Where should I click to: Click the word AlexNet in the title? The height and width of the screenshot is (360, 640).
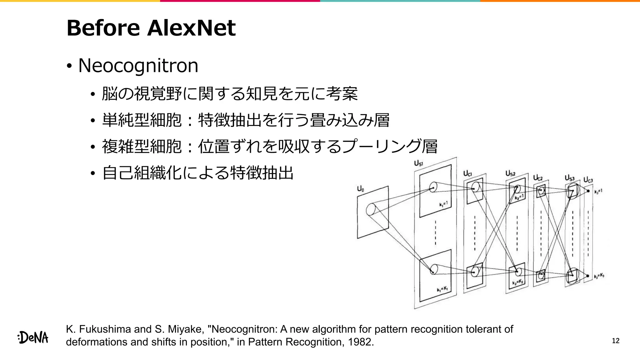coord(191,28)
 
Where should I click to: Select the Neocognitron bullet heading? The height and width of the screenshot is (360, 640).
coord(138,66)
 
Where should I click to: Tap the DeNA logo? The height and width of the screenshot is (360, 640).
coord(33,338)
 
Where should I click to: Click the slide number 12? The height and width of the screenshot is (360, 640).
coord(615,341)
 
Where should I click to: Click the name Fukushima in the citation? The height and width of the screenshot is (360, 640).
coord(105,329)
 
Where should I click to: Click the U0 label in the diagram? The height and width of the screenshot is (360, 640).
coord(360,189)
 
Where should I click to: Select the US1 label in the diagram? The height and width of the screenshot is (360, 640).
coord(418,163)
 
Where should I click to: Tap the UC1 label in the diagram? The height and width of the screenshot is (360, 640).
coord(467,173)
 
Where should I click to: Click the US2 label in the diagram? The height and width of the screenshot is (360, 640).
coord(510,173)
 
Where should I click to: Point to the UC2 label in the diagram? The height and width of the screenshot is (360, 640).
coord(538,178)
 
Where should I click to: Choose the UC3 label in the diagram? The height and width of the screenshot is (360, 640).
coord(588,180)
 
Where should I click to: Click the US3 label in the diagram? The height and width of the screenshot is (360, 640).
coord(569,178)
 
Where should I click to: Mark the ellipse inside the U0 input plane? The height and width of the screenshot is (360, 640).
coord(371,209)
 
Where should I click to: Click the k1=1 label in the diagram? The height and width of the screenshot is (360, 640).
coord(443,204)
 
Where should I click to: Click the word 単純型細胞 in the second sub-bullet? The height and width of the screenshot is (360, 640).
coord(142,120)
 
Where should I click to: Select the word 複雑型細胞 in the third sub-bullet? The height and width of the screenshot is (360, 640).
coord(142,146)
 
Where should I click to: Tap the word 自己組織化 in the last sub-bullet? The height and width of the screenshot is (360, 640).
coord(142,173)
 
